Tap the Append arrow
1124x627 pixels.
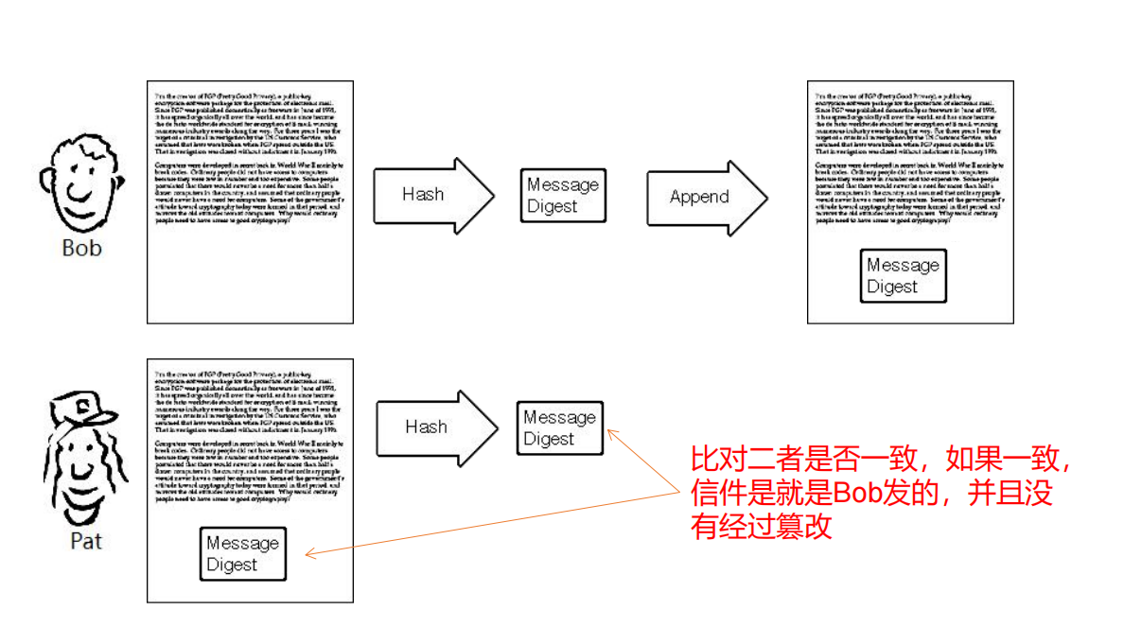pos(706,197)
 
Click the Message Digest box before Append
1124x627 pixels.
pos(563,196)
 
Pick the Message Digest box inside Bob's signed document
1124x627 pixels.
pos(903,276)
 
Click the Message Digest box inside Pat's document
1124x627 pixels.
pos(243,554)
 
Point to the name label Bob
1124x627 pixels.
pos(81,249)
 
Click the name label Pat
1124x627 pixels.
pos(86,542)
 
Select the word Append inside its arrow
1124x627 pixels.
pos(699,197)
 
